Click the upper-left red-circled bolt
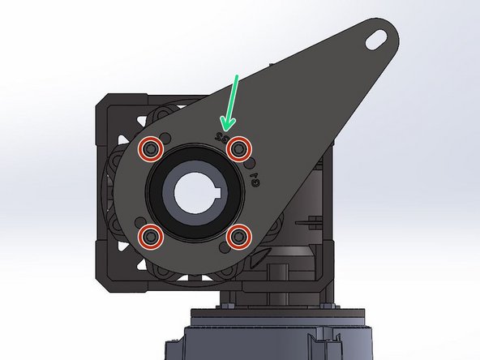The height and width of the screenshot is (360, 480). [148, 149]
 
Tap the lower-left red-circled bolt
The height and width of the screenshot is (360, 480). [148, 236]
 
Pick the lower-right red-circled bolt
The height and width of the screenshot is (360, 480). [237, 237]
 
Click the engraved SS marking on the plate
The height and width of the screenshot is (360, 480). [220, 139]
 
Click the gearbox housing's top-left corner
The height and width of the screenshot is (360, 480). [101, 99]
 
